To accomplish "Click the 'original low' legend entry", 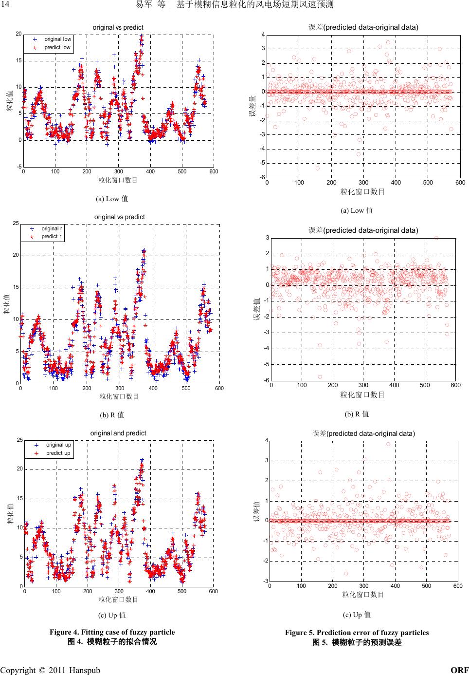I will [57, 39].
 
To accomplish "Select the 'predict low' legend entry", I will [57, 48].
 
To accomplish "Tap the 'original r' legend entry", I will [52, 228].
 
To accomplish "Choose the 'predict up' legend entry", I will [58, 453].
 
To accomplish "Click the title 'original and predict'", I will [118, 433].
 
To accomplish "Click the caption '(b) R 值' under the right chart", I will [357, 414].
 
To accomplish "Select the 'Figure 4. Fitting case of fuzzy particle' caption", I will [112, 632].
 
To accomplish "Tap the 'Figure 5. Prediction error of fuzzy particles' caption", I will [357, 633].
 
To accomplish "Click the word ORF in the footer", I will [460, 670].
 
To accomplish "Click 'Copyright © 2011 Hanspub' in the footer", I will [50, 670].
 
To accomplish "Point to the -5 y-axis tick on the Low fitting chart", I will [18, 167].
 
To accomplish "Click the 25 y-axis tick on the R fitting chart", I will [16, 223].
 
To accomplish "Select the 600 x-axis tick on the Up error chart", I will [457, 586].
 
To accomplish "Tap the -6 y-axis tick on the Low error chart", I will [262, 177].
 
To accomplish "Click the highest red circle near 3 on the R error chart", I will [436, 238].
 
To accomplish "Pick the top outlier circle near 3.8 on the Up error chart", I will [388, 444].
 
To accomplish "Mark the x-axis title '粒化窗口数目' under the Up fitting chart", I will [118, 599].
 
